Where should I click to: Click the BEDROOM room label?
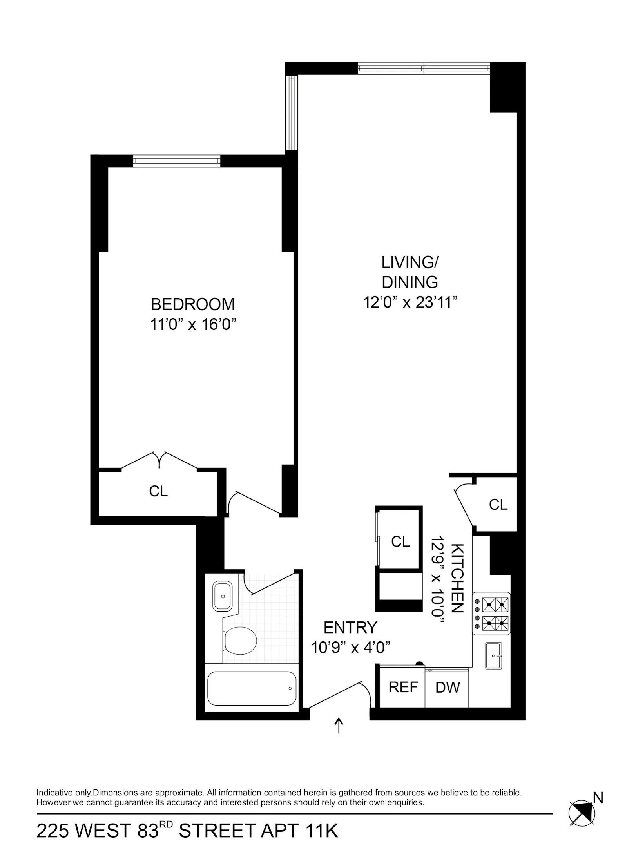pos(192,304)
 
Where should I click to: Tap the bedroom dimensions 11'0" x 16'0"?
pos(194,325)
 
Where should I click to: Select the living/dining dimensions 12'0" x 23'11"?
pos(410,302)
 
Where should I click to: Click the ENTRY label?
pos(350,627)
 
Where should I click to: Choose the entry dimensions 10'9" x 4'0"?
pos(351,648)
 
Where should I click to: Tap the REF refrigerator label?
pos(403,687)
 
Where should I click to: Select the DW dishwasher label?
pos(448,688)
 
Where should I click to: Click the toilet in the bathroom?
pos(240,640)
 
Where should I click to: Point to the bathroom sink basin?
pos(223,596)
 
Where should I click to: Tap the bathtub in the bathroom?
pos(252,688)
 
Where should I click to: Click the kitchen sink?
pos(493,655)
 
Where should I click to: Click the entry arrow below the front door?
pos(339,726)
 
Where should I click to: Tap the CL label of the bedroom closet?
pos(158,491)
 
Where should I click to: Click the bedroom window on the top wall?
pos(177,161)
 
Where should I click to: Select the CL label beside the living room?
pos(498,505)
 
